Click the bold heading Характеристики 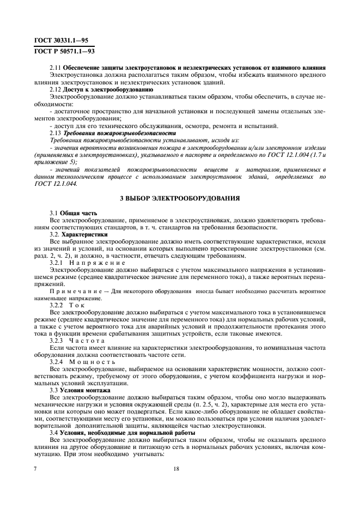(x=89, y=233)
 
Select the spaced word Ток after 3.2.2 (x=78, y=306)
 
